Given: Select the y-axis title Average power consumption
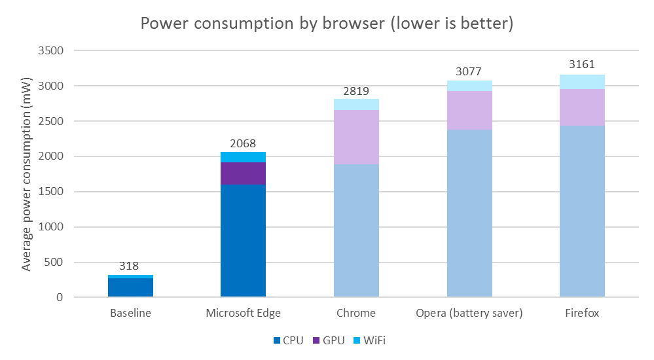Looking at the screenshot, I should click(27, 174).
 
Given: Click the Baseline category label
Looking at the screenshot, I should click(130, 313).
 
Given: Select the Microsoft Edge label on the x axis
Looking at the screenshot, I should click(243, 313).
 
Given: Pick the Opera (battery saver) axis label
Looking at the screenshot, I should click(469, 313).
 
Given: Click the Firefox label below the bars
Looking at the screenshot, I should click(582, 313).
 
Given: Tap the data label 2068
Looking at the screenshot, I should click(243, 143).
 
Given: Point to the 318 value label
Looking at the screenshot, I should click(130, 266).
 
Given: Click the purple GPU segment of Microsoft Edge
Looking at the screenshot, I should click(243, 173).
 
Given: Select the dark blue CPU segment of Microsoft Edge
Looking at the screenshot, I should click(243, 241).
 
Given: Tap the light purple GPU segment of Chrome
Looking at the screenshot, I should click(356, 137).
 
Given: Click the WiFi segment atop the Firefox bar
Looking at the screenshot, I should click(582, 82).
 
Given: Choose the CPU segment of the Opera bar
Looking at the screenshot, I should click(469, 213).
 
